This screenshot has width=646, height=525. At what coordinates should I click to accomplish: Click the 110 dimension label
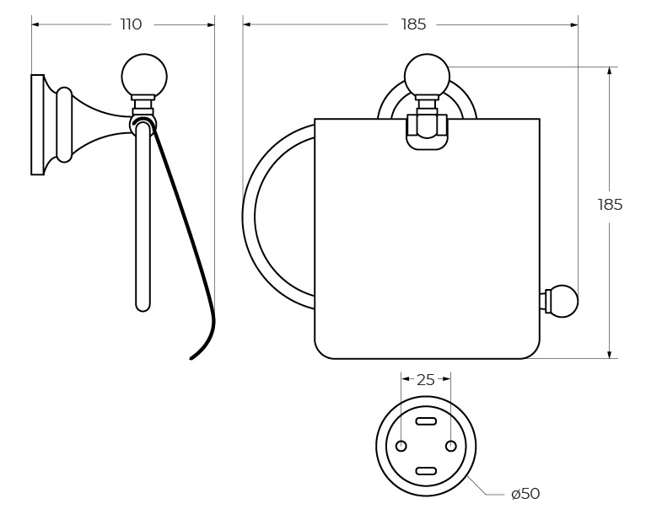[x=131, y=24]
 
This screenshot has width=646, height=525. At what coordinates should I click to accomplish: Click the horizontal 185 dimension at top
[x=413, y=24]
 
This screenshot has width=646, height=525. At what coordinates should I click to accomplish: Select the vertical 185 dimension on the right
[x=610, y=205]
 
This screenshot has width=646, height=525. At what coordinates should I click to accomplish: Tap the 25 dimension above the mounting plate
[x=426, y=380]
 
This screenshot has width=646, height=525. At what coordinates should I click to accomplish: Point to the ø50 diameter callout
[x=525, y=494]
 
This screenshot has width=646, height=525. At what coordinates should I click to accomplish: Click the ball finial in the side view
[x=144, y=76]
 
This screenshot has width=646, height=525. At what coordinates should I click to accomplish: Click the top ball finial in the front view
[x=427, y=76]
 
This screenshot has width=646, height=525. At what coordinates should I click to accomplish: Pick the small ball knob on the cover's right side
[x=563, y=301]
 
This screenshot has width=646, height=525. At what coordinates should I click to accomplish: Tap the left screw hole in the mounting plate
[x=401, y=446]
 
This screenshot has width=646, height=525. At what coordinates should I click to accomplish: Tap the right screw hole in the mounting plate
[x=451, y=446]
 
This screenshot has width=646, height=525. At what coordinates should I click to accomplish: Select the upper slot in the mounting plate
[x=427, y=421]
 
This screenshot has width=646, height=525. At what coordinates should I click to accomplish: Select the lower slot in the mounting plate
[x=427, y=470]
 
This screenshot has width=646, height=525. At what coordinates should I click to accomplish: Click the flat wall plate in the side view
[x=37, y=125]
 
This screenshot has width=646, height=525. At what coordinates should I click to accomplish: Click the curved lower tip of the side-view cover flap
[x=196, y=355]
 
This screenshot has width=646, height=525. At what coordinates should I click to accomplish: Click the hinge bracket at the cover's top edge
[x=427, y=131]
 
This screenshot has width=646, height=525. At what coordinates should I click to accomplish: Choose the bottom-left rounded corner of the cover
[x=324, y=349]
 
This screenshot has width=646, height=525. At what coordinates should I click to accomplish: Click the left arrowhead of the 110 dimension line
[x=35, y=24]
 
